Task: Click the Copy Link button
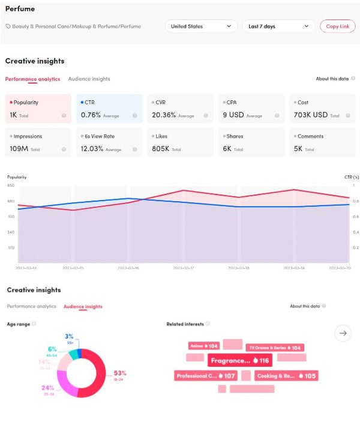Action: [x=337, y=26]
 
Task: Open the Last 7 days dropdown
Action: [x=278, y=26]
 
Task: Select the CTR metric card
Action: [x=109, y=108]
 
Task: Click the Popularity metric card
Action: [x=38, y=108]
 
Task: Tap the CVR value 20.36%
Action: [x=164, y=115]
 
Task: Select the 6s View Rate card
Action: [x=109, y=142]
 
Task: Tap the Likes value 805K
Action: [x=161, y=148]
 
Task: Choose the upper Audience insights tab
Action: [x=89, y=79]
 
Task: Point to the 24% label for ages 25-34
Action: [x=47, y=388]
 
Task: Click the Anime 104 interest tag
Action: [x=203, y=346]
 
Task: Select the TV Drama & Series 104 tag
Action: [x=275, y=348]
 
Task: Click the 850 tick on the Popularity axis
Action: [x=11, y=186]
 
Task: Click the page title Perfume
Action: [x=20, y=9]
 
